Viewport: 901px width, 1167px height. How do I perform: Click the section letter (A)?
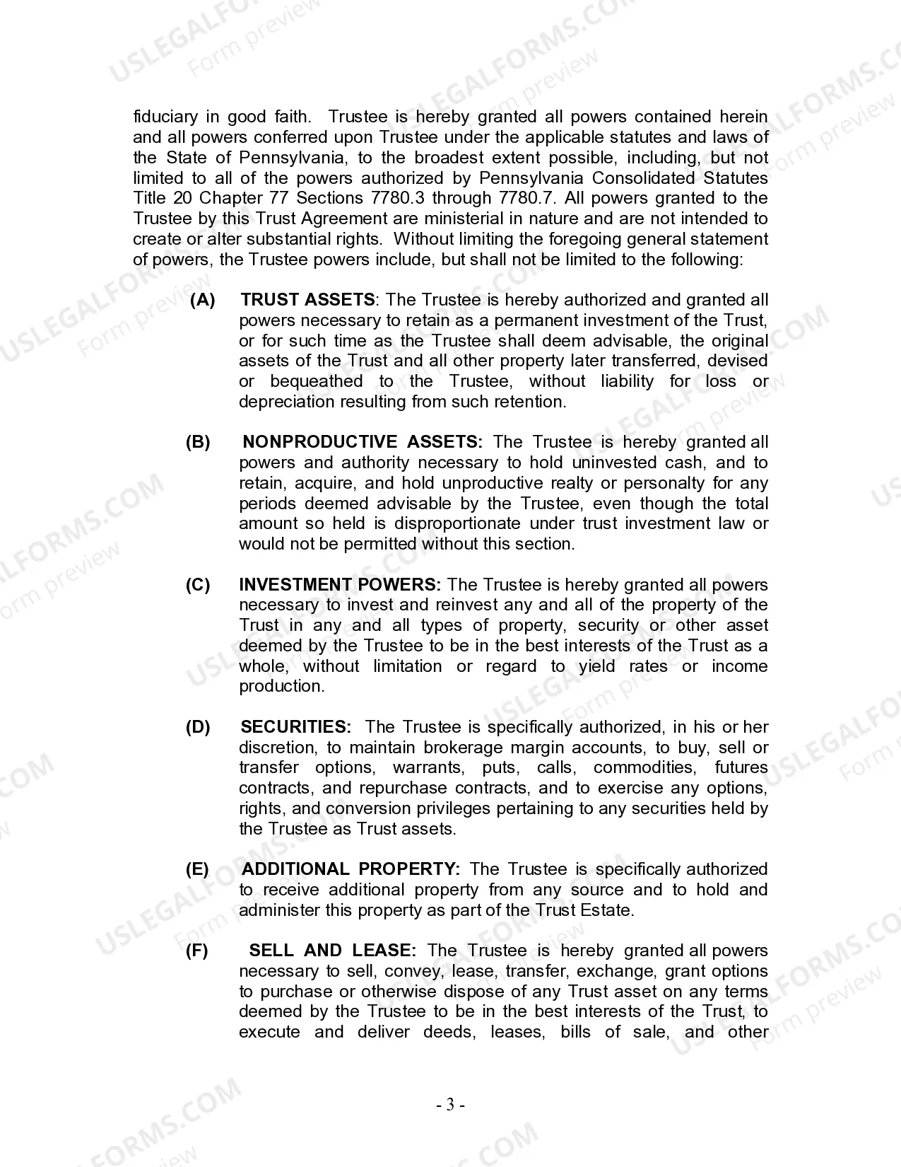203,300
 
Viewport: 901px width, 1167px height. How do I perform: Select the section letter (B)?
198,442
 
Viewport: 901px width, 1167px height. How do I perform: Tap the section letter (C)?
198,585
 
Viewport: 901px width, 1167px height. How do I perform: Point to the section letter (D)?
198,727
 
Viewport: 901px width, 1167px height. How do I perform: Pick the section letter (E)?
197,869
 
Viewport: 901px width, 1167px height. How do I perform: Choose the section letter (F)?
197,951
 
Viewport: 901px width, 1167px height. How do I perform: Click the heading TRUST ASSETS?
307,300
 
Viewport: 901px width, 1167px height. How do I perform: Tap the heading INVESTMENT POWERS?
340,585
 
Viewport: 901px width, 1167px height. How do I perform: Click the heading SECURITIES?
296,727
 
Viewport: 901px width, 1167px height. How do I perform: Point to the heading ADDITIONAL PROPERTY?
351,869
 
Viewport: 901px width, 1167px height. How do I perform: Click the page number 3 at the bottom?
450,1105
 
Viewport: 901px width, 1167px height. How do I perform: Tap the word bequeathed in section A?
316,381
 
